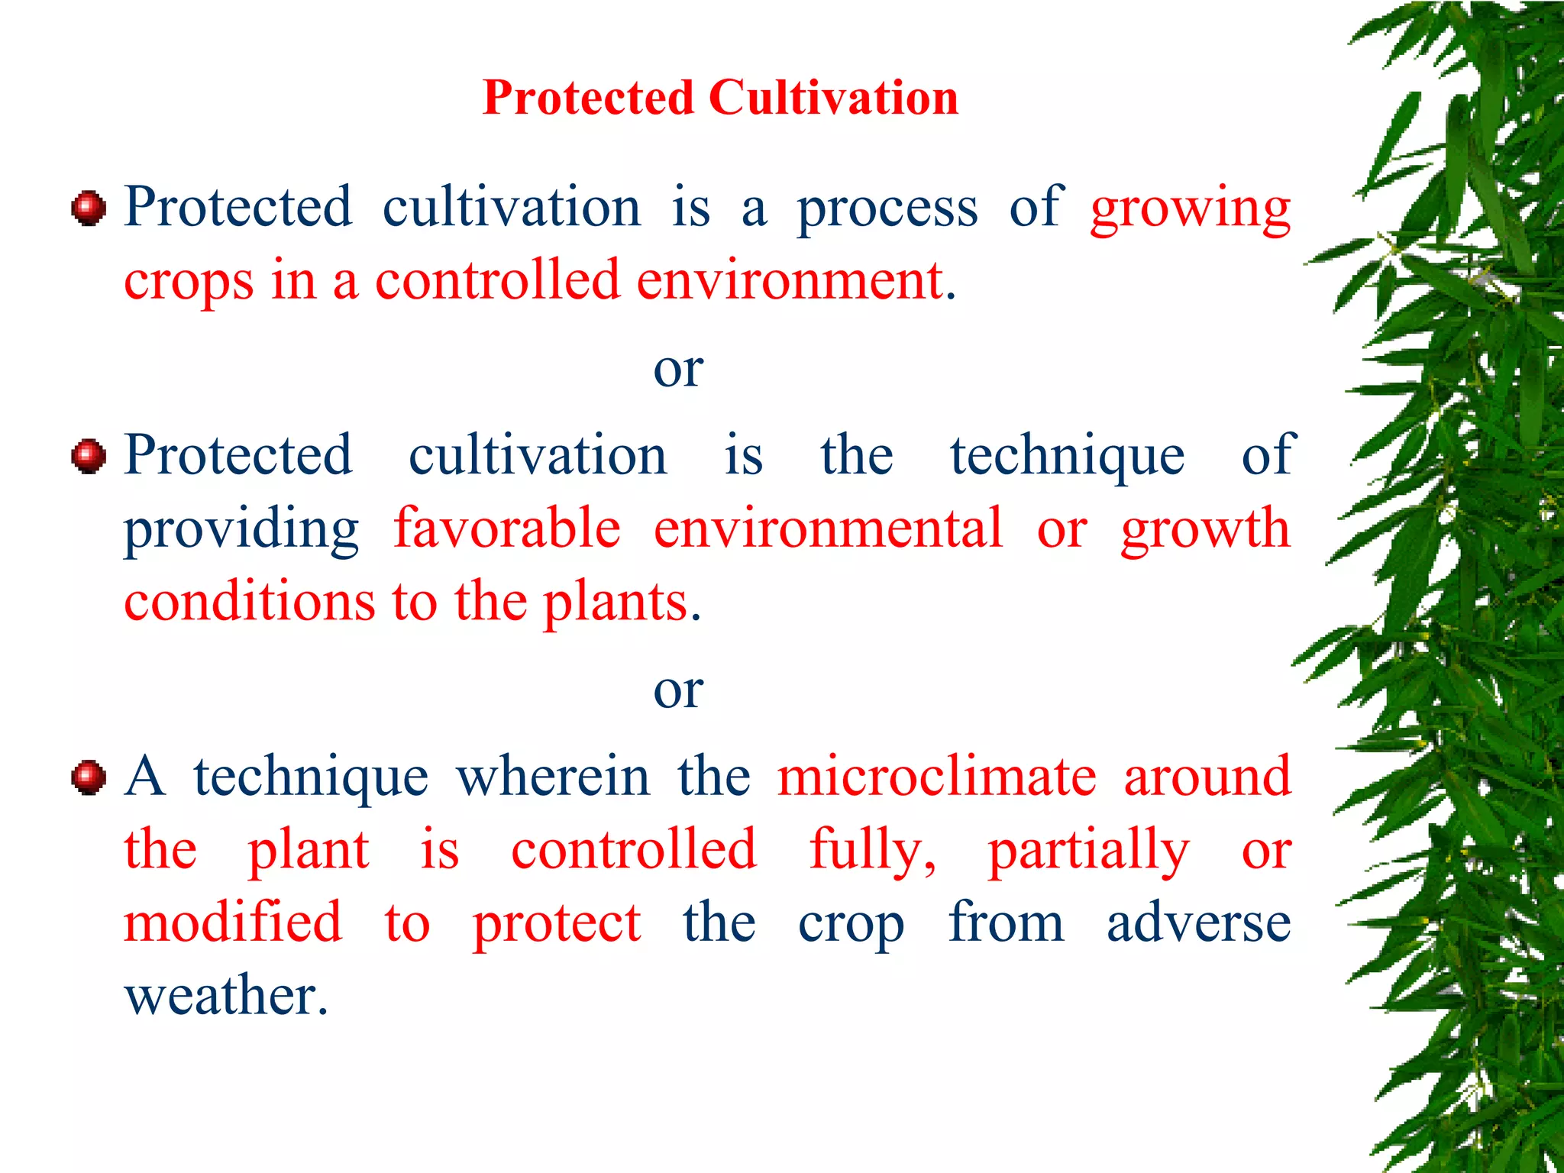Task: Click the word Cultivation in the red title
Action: [833, 99]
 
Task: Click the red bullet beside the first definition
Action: [89, 208]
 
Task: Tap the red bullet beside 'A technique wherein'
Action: [89, 777]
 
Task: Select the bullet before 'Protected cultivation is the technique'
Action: [89, 456]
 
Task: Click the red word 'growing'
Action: [1190, 210]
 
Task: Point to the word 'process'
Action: [887, 210]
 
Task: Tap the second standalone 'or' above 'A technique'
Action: [678, 690]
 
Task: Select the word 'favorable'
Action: [507, 528]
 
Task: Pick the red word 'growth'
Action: [1205, 530]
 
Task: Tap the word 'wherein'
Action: [553, 777]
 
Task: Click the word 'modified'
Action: [233, 922]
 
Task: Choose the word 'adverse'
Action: [1198, 923]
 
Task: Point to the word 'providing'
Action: [241, 530]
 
